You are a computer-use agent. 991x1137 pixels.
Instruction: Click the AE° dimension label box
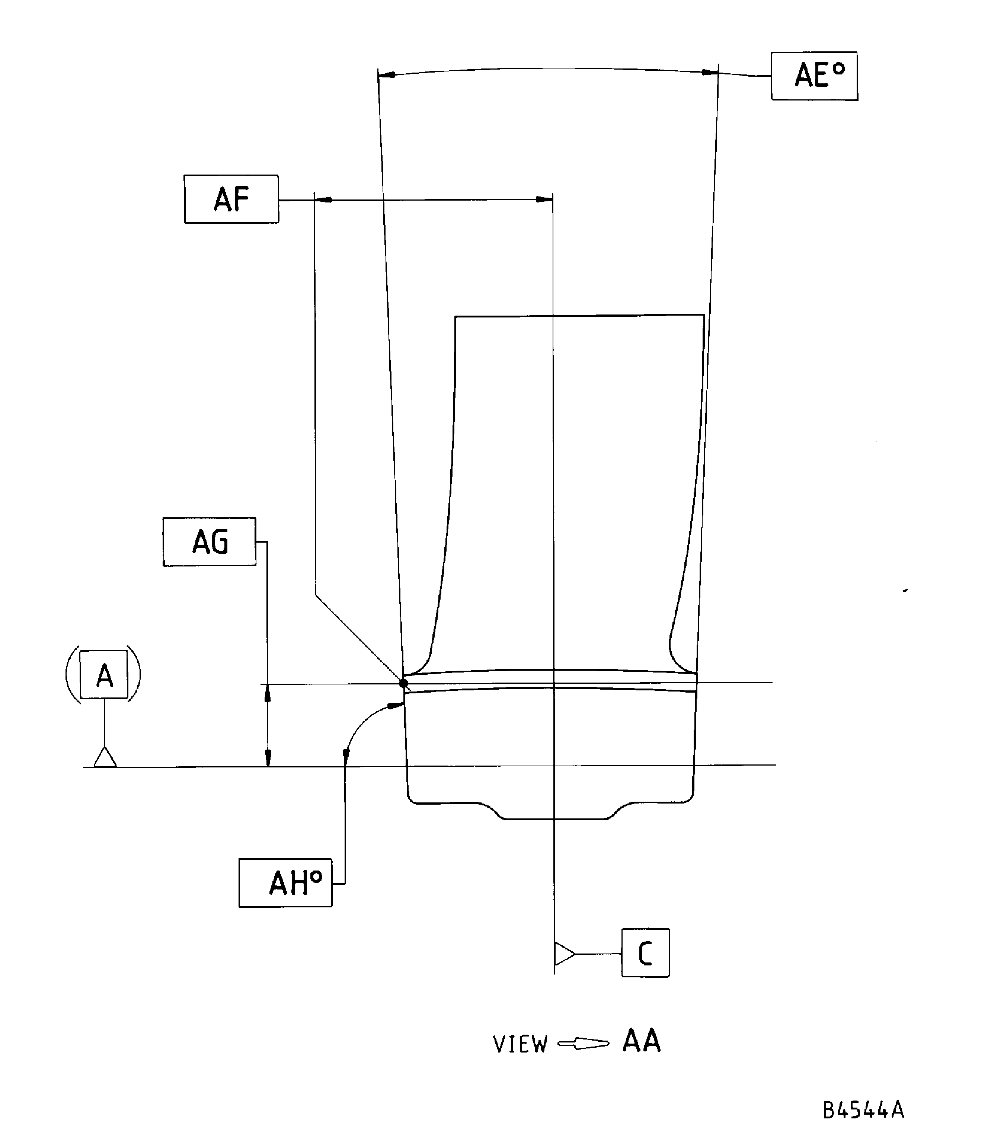pos(814,76)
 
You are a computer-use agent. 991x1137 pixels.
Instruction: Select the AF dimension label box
pos(231,199)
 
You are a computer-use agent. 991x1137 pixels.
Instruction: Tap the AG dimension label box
pos(209,542)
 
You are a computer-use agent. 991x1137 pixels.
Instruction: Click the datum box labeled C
pos(645,953)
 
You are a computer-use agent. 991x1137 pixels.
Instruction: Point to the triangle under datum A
pos(105,758)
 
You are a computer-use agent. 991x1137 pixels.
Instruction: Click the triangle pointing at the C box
pos(563,954)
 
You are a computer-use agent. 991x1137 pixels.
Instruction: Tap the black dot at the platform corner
pos(403,684)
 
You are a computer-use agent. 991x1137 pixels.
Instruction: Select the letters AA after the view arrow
pos(642,1041)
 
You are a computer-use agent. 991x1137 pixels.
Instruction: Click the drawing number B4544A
pos(863,1110)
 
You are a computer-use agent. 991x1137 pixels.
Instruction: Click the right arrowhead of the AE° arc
pos(710,73)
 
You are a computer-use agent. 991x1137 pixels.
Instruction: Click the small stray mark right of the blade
pos(905,591)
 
